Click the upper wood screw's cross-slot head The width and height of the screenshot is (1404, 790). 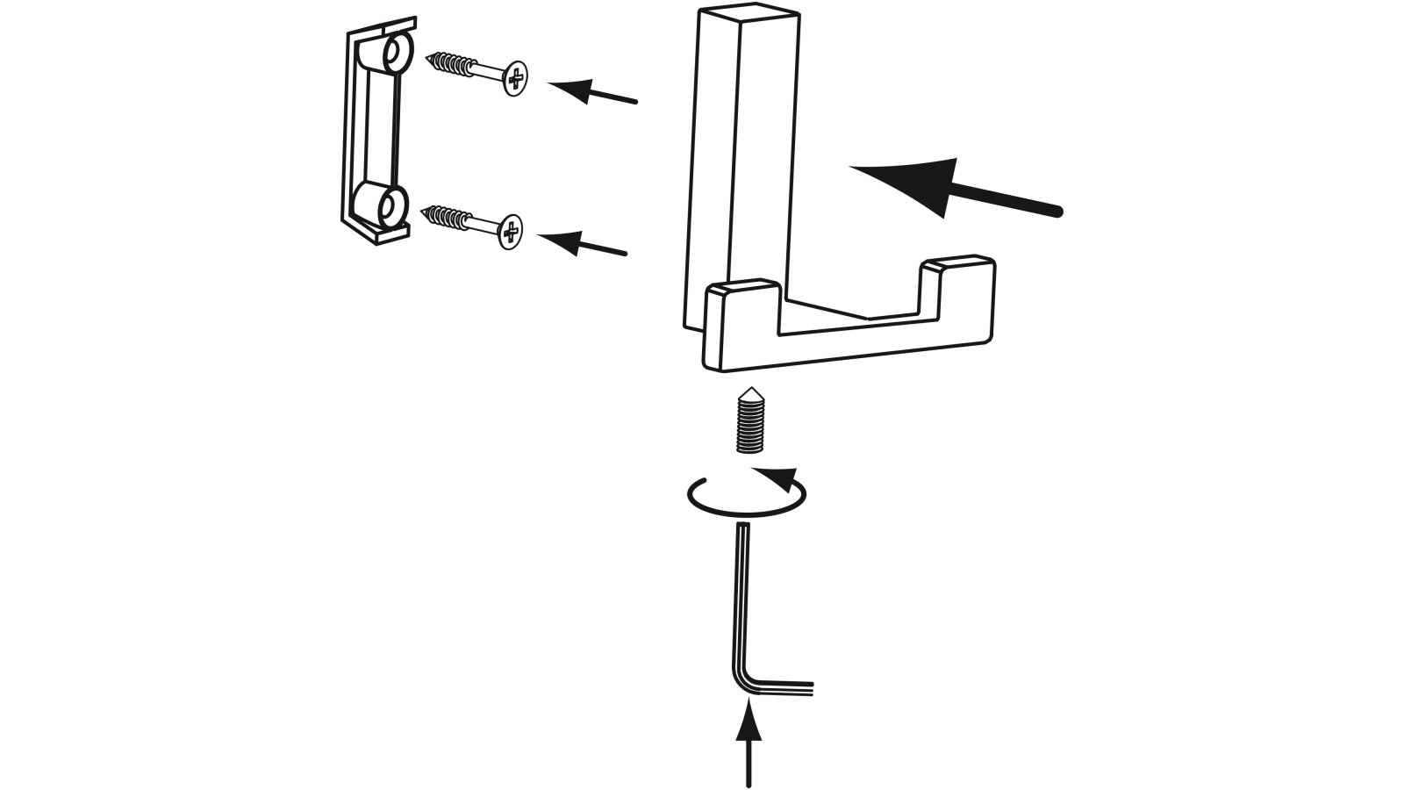click(516, 78)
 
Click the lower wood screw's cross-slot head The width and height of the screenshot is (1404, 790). click(510, 231)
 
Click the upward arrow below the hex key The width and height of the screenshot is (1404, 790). click(748, 746)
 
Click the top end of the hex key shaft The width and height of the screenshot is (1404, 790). click(744, 527)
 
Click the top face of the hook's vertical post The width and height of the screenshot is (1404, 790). click(749, 16)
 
